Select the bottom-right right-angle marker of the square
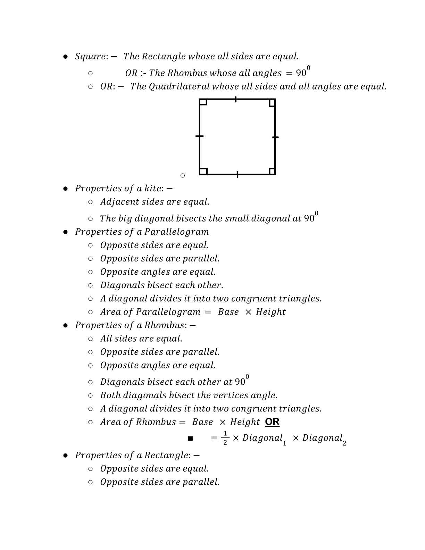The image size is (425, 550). pos(272,171)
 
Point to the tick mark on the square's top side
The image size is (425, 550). pos(236,99)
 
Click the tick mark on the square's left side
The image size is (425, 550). pos(199,136)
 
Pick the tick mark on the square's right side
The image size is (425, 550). pos(275,137)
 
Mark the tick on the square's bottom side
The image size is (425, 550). pos(237,174)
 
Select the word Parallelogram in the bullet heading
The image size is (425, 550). pos(177,232)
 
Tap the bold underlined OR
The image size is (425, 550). pos(272,422)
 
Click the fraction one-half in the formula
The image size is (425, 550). pos(225,438)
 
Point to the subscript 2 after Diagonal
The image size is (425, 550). pos(344,443)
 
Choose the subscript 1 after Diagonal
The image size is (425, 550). pos(284,443)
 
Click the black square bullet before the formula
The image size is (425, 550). pos(190,439)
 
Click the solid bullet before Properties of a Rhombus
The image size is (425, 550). pos(65,326)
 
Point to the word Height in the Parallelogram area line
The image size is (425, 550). pos(271,312)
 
